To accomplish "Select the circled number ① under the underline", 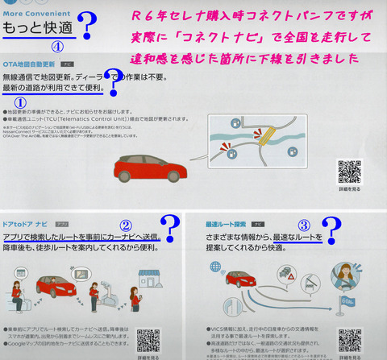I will point(22,102).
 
